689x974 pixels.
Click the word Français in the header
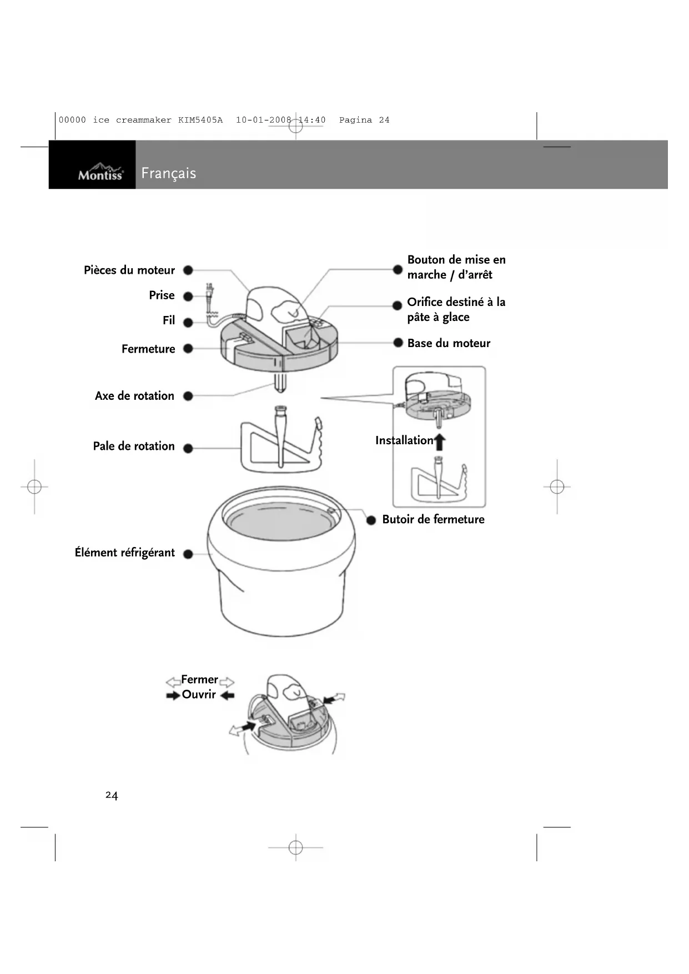(169, 173)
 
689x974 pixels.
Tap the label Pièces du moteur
(129, 270)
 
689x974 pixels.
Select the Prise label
(162, 295)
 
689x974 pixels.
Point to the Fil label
(169, 320)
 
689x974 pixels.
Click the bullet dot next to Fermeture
(188, 349)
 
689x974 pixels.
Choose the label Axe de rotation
(134, 396)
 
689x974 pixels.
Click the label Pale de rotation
(134, 446)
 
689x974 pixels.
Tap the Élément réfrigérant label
(125, 553)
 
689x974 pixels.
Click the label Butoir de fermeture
(433, 520)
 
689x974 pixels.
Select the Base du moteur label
(449, 343)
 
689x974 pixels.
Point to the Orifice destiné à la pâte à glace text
(456, 310)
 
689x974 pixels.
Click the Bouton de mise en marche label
(456, 267)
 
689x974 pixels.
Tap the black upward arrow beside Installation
(440, 442)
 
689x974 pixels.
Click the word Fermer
(199, 680)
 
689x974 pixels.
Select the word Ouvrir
(199, 695)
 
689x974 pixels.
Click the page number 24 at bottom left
(112, 796)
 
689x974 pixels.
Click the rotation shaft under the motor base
(280, 383)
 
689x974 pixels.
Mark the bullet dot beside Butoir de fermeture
(371, 520)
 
